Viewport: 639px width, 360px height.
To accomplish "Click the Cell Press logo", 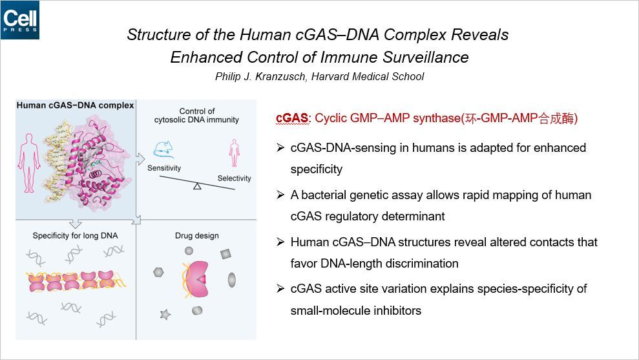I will click(19, 20).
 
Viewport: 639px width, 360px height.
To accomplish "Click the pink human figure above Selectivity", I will click(234, 154).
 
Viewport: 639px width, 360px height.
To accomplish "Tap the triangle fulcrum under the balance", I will click(197, 187).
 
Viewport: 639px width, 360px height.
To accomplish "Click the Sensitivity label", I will click(164, 167).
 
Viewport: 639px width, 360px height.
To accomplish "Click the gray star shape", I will click(165, 314).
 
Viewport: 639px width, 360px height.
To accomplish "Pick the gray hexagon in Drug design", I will click(158, 273).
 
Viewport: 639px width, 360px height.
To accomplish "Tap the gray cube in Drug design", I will click(225, 254).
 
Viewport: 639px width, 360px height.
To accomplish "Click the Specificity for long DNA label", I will click(76, 236).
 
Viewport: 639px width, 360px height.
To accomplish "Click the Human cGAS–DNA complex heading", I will click(75, 105).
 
